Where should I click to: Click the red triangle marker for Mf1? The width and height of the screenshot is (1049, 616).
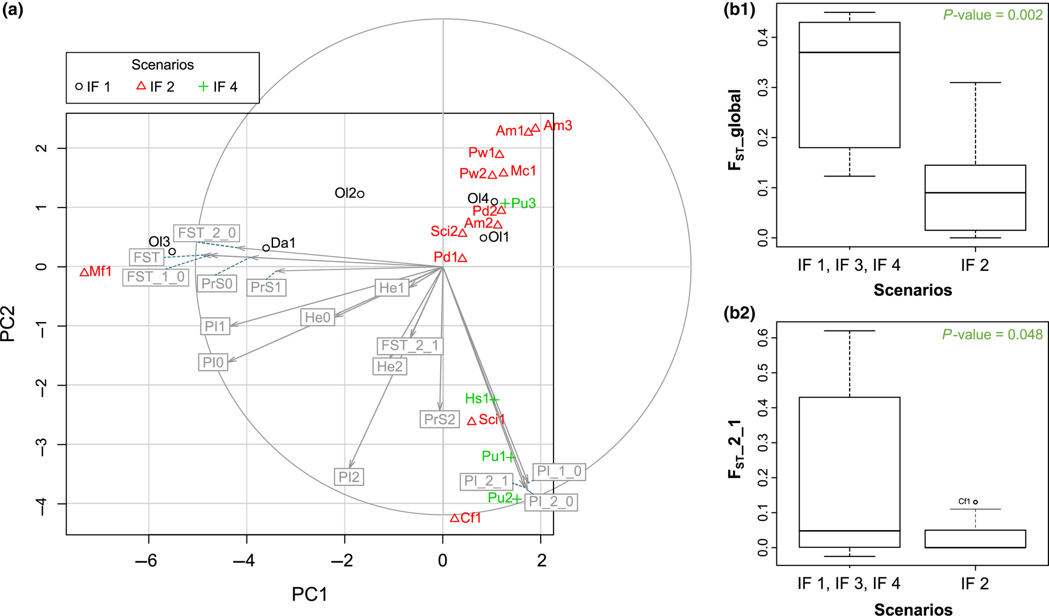coord(84,272)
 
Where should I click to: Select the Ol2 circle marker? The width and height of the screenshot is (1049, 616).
coord(361,194)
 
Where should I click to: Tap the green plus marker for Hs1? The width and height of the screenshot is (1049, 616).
coord(494,399)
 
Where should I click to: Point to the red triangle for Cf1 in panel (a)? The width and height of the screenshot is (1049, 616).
coord(455,518)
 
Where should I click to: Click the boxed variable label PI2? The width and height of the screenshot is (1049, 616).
coord(349,477)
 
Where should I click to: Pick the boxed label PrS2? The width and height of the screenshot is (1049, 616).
coord(439,419)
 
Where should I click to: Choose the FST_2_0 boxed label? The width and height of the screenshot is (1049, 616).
coord(207,233)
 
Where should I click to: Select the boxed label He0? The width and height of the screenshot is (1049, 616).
coord(317,317)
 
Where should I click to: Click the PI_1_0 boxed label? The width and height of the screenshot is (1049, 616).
coord(559,471)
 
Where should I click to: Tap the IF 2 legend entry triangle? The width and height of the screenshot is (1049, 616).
coord(141,86)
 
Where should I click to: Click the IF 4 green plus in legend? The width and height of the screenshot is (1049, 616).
coord(203,86)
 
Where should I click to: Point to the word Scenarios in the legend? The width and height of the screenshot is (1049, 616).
coord(162,65)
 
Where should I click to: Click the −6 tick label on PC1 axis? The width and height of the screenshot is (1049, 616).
coord(146,561)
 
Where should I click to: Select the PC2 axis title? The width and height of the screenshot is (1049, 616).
coord(9,324)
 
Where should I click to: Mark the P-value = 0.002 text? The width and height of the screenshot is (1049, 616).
coord(992,15)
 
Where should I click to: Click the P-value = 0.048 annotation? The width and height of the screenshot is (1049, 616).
coord(992,334)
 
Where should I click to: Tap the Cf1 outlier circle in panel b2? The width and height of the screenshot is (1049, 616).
coord(976,502)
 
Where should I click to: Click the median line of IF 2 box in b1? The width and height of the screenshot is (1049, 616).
coord(975,192)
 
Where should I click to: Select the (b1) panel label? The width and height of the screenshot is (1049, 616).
coord(739,10)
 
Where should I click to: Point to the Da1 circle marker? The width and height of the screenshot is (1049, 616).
coord(266,248)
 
